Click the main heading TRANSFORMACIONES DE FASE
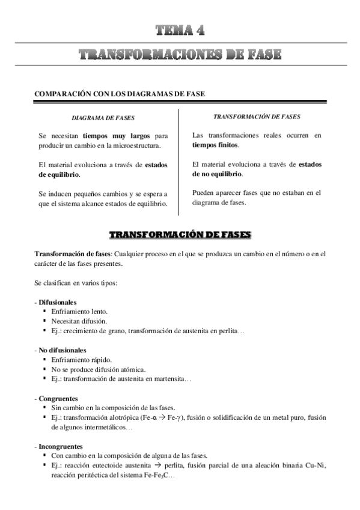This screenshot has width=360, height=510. click(180, 56)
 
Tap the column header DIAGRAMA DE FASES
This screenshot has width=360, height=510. click(103, 118)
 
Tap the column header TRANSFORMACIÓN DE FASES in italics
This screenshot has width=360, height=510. click(257, 116)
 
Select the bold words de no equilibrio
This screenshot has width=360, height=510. click(218, 174)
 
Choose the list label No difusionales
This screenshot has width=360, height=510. click(62, 349)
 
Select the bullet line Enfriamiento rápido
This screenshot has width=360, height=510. click(81, 359)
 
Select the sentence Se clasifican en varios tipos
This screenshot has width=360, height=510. click(75, 282)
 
